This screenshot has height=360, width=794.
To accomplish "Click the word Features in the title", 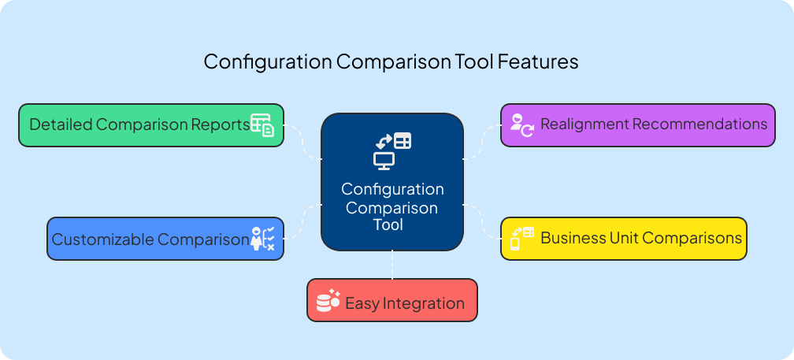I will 538,61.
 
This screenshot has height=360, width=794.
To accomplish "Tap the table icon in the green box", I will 262,125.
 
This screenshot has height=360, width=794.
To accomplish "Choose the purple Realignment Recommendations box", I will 638,125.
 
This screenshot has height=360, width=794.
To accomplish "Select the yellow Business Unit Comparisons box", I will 624,238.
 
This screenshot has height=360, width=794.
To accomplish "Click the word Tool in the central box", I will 391,225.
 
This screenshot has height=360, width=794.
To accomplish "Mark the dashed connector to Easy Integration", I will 391,265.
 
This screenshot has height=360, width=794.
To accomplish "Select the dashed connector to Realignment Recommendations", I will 482,143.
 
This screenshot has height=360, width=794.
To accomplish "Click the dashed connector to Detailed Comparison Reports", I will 302,143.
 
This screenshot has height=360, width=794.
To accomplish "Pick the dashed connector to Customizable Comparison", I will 302,221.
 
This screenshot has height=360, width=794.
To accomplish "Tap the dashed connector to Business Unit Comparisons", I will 482,221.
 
